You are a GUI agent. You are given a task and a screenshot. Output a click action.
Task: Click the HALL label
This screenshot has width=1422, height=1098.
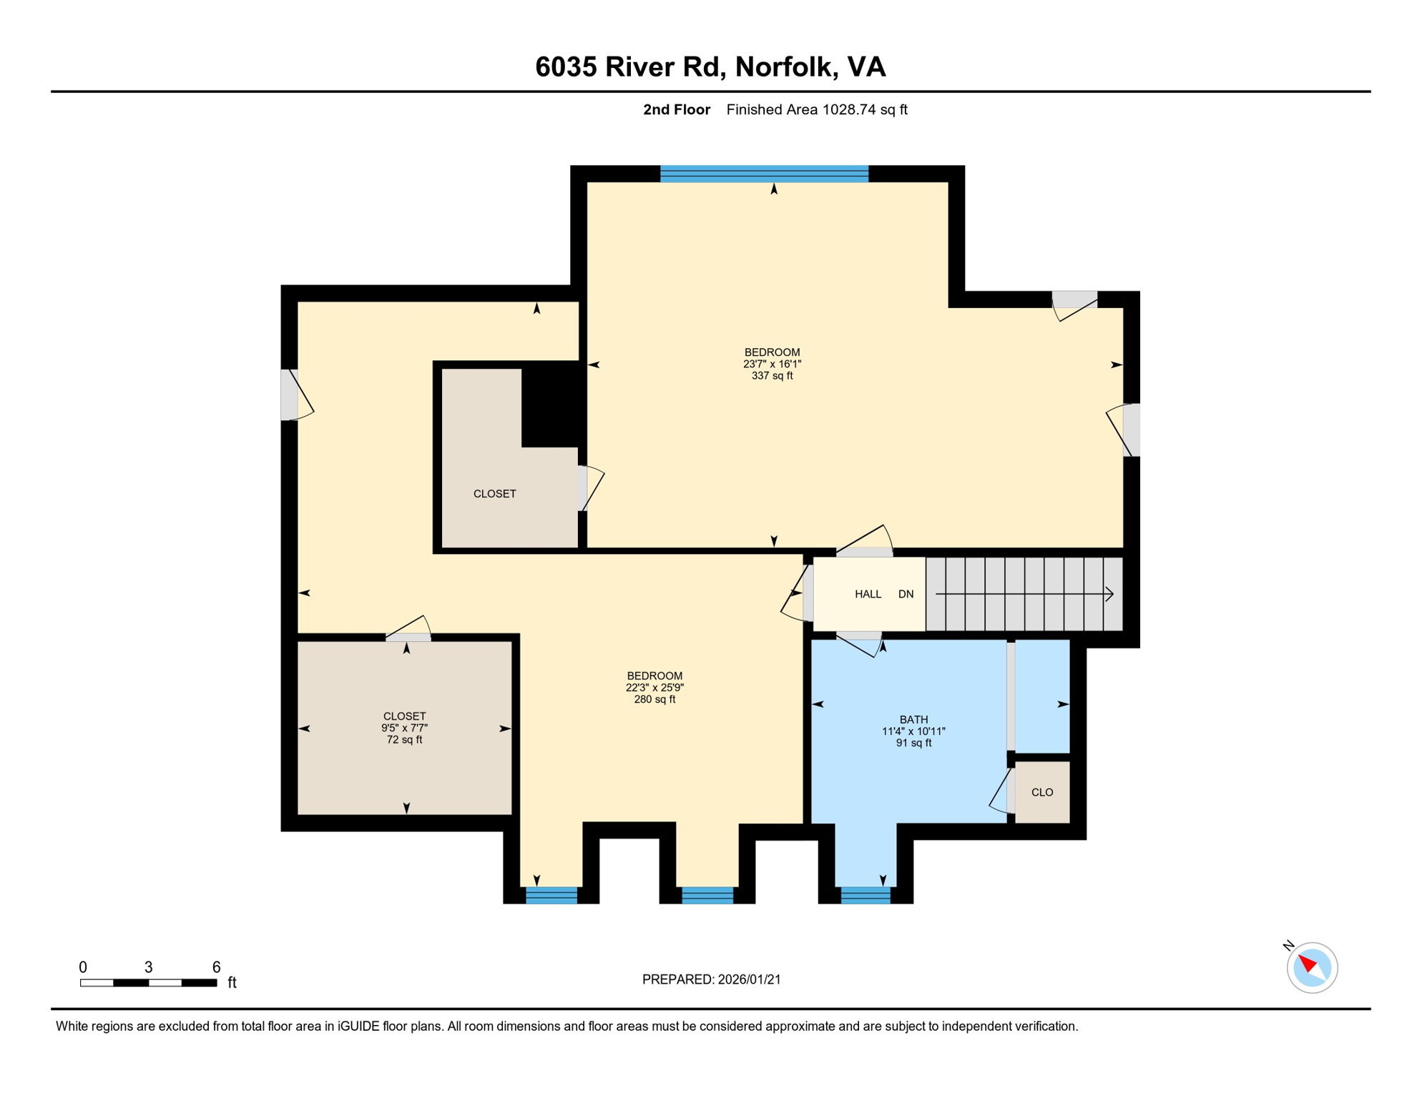[868, 594]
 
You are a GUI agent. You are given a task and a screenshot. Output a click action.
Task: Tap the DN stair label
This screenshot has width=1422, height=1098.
[906, 594]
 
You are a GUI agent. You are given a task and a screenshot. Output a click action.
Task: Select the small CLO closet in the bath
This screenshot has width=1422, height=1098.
[1042, 792]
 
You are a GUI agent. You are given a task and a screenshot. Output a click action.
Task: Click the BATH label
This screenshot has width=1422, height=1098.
[913, 720]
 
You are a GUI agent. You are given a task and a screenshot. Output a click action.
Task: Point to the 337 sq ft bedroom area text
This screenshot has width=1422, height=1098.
[772, 376]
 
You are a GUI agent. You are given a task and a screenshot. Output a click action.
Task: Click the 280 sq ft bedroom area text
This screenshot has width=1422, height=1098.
[654, 700]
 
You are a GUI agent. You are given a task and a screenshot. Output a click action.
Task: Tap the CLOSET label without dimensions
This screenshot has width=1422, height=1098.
[494, 494]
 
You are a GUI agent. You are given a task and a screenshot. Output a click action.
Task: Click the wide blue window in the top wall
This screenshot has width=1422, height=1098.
[764, 174]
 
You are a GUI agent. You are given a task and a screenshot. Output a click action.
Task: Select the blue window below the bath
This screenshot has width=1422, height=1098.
[866, 895]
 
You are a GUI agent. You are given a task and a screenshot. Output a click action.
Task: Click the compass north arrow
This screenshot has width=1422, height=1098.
[1308, 964]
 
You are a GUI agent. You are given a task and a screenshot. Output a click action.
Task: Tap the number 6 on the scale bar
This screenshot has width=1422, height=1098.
[216, 967]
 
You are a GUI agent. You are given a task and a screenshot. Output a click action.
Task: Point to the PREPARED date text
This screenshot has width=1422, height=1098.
[711, 979]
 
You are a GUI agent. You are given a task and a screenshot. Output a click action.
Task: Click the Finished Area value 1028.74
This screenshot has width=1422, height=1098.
[849, 109]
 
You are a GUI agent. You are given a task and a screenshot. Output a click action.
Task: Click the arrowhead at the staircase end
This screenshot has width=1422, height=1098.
[1109, 594]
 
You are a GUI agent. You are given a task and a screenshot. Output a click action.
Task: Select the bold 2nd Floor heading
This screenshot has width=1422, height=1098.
[676, 109]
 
